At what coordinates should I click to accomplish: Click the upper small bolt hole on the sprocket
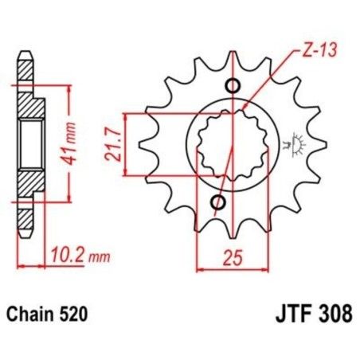pos(233,87)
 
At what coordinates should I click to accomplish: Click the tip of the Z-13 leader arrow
pos(244,108)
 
